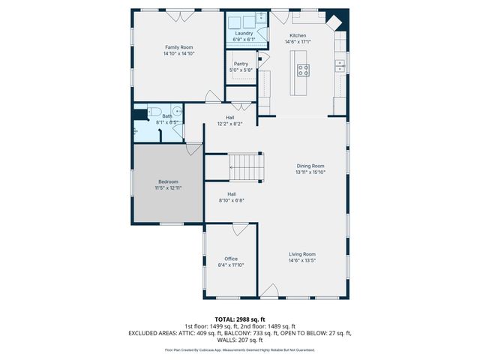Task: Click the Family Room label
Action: coord(178,47)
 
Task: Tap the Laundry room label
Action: coord(244,33)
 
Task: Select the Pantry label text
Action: coord(241,64)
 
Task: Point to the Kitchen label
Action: coord(298,36)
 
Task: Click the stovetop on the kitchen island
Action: coord(304,70)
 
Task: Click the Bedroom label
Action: coord(168,181)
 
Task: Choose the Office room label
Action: coord(231,259)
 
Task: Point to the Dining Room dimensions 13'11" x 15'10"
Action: coord(310,172)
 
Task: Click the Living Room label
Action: coord(302,254)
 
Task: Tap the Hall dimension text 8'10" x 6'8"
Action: coord(232,200)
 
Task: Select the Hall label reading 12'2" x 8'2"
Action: coord(230,124)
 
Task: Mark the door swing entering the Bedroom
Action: coord(194,148)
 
